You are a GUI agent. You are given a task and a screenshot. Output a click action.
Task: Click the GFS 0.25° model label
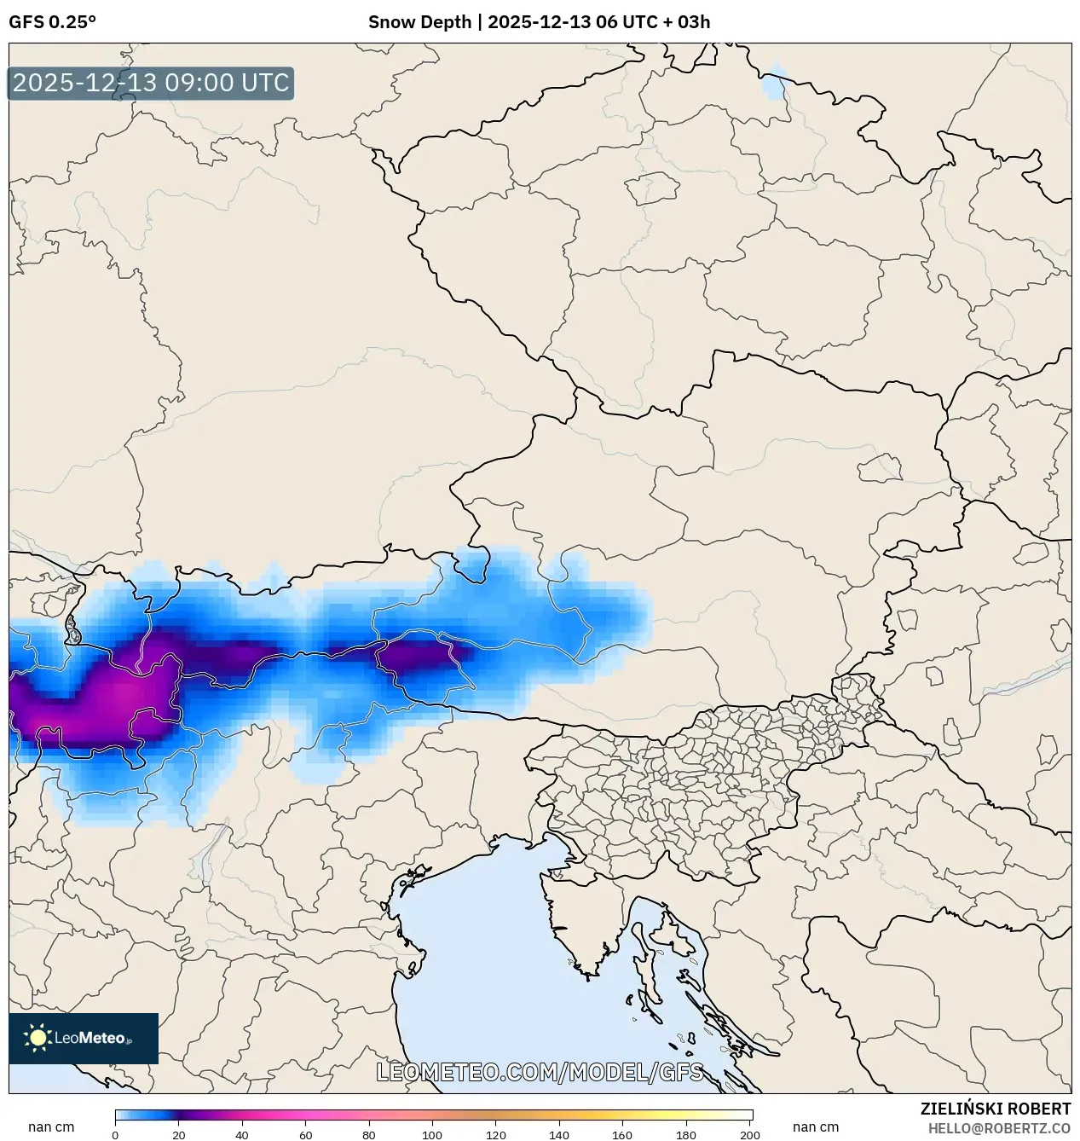point(52,22)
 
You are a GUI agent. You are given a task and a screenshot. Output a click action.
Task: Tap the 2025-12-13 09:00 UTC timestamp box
point(151,84)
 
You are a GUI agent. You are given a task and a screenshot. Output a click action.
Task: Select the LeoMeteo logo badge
point(84,1038)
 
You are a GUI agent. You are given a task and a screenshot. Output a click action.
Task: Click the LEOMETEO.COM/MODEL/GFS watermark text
point(540,1072)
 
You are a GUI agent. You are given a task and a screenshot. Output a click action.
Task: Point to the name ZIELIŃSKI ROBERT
point(995,1109)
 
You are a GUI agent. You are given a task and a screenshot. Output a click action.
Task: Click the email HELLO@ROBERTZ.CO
point(999,1128)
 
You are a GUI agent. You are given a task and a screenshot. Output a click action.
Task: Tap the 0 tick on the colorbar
point(115,1134)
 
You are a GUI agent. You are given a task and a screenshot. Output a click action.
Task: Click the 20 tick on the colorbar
point(179,1134)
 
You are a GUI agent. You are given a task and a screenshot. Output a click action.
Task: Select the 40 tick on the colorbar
point(242,1134)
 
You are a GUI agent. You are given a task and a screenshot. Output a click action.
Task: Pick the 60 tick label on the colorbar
point(306,1134)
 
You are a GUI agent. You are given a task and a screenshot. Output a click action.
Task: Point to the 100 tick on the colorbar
point(433,1134)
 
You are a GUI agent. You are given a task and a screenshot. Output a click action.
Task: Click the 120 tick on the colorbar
point(496,1134)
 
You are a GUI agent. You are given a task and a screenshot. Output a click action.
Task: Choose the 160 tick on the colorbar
point(623,1134)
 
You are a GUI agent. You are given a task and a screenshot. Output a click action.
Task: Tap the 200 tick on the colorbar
point(750,1134)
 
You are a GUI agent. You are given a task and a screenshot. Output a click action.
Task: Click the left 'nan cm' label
point(51,1127)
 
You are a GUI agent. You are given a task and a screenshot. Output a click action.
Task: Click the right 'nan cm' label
point(816,1127)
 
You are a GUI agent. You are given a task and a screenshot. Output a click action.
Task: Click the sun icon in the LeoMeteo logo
point(38,1038)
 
